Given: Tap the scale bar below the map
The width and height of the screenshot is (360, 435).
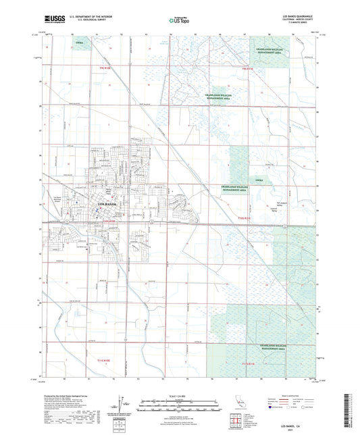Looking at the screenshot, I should (x=180, y=406).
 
